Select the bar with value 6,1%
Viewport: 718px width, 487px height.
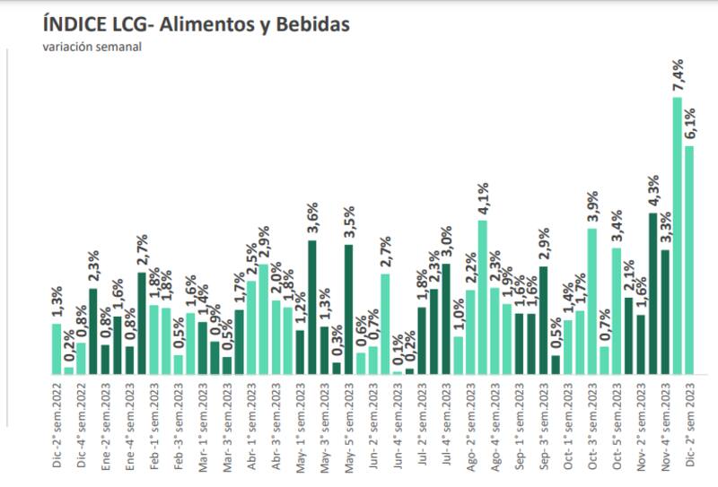click(689, 260)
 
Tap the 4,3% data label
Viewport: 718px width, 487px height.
click(653, 190)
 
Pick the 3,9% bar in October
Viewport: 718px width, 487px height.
click(592, 301)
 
